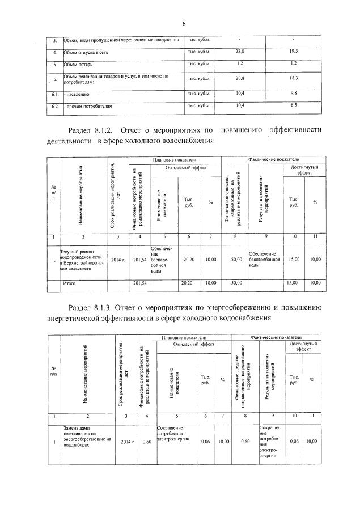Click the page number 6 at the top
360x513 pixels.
[x=184, y=23]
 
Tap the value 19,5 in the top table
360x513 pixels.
[x=294, y=52]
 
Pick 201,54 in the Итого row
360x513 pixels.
[x=139, y=282]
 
